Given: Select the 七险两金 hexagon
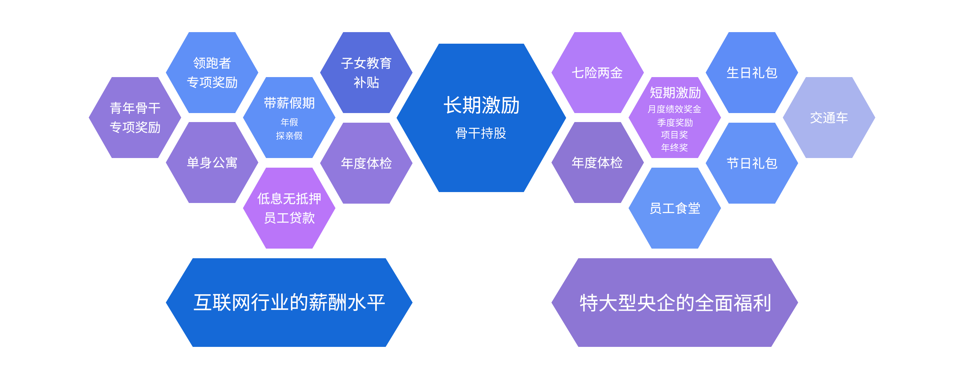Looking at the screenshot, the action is point(597,73).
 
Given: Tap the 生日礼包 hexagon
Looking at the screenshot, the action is point(752,73).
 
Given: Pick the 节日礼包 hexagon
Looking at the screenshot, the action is point(752,163).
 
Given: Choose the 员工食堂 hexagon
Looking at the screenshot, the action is point(674,208).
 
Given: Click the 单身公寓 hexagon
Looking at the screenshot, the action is point(212,163).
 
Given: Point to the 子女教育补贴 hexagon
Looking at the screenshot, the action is point(366,73).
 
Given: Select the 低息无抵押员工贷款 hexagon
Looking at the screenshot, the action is point(289,208).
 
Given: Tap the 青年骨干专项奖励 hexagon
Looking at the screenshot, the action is point(135,118).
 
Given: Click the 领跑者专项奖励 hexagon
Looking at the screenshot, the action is point(212,73).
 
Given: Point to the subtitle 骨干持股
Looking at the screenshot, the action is point(481,133).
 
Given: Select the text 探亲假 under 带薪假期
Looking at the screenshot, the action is point(289,136).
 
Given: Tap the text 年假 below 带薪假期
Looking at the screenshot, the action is point(289,122).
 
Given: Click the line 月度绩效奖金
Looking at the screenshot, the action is point(674,109).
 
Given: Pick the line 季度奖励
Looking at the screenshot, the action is point(675,122).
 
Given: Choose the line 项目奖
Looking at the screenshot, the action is point(674,135).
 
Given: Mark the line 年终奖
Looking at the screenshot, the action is point(674,147).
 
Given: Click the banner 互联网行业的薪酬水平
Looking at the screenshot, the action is point(289,302).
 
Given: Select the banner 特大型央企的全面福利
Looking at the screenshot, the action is point(674,302).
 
